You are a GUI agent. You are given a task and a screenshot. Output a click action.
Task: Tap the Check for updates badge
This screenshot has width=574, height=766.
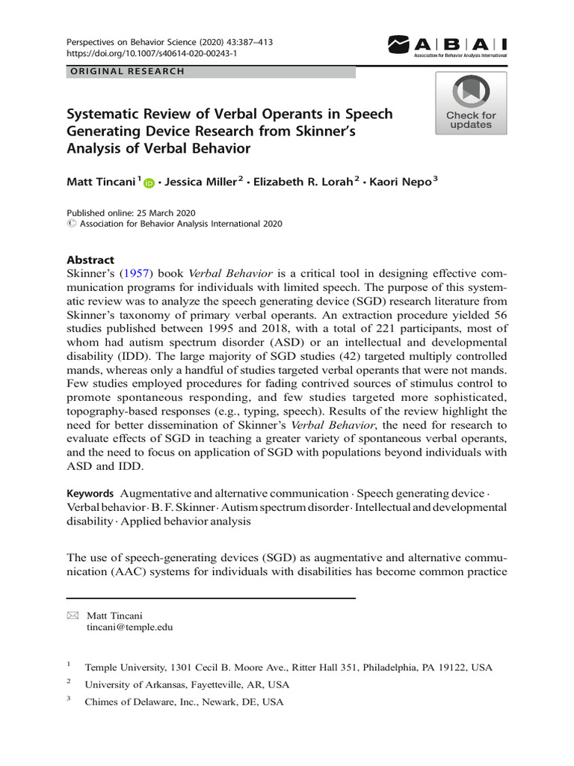coord(471,102)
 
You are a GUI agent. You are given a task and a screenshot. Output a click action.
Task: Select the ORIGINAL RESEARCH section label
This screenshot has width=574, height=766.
coord(126,72)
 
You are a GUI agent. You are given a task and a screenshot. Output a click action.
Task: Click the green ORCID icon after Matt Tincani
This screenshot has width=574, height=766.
coord(148,183)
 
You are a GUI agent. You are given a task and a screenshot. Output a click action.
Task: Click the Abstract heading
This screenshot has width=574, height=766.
coord(91,260)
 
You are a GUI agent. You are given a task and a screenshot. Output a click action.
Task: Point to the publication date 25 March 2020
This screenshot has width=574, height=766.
coord(158,213)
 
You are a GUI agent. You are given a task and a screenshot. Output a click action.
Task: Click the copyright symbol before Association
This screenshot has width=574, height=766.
coord(71,224)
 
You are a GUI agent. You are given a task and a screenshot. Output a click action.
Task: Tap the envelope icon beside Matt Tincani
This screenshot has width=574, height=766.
coord(72,615)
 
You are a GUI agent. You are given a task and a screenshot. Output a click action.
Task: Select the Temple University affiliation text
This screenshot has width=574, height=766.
coord(288,667)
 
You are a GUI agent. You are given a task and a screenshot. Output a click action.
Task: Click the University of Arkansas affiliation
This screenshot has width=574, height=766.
coord(186,684)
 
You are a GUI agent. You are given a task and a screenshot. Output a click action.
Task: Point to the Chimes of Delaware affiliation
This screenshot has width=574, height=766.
coord(184,702)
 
